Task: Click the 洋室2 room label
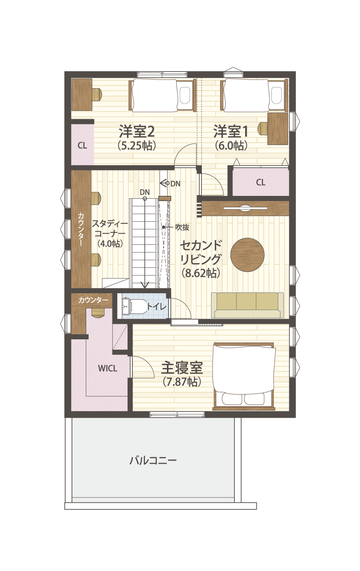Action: [137, 131]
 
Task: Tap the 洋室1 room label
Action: [231, 131]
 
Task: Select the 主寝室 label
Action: [182, 368]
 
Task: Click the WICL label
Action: [108, 368]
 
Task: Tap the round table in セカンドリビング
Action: [247, 255]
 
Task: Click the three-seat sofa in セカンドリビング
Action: [247, 305]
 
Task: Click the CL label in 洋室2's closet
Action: [82, 145]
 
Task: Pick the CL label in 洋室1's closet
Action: [261, 182]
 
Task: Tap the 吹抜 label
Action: [182, 227]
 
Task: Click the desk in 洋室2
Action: [81, 95]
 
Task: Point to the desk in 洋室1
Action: [278, 129]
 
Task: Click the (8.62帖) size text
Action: [201, 273]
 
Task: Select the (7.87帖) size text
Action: [182, 381]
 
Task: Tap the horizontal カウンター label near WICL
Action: [93, 300]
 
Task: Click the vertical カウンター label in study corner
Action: [81, 229]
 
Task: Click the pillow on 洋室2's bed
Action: [185, 95]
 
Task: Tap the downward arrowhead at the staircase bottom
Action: [145, 285]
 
